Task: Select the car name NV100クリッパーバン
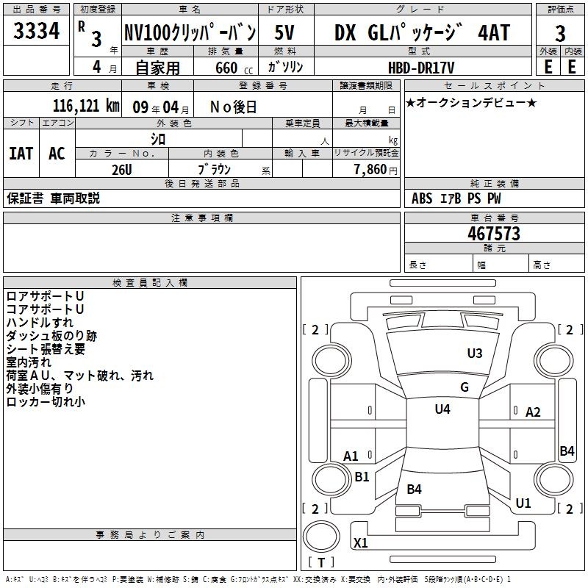190,33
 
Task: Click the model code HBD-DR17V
421,67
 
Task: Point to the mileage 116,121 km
86,106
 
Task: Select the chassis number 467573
494,234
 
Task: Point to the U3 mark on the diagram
475,354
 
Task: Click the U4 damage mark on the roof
442,409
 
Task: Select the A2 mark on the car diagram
533,412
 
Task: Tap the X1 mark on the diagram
361,543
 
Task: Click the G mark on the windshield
464,387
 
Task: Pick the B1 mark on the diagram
362,477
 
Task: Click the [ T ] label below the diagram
320,563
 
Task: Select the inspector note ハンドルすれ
40,323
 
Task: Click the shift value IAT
21,154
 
